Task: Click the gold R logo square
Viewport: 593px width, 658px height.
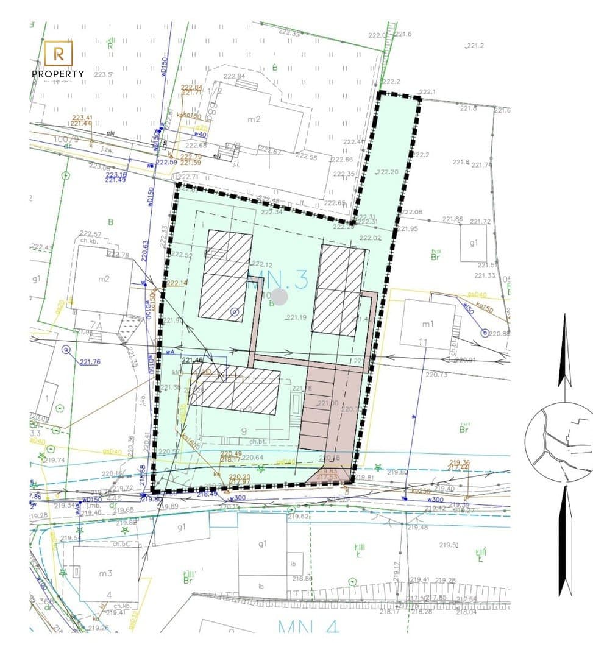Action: pos(59,53)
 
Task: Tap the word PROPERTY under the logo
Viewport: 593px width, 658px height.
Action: pos(58,74)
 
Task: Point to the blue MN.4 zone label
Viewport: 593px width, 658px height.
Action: pos(308,626)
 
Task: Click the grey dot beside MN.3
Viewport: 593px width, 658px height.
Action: pos(279,297)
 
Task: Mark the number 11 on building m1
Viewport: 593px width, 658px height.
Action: pos(424,342)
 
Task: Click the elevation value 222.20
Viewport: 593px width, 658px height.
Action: pos(387,172)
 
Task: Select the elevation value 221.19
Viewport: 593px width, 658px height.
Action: pos(296,317)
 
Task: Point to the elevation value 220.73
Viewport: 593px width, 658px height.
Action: pos(436,375)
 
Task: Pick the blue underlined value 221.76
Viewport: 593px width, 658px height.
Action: pos(90,362)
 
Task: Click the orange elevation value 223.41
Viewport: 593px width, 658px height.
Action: pos(82,118)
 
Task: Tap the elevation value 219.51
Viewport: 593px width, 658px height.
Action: pos(448,545)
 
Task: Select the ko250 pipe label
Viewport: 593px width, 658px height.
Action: pos(421,490)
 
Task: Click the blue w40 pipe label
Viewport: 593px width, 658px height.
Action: pos(200,134)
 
